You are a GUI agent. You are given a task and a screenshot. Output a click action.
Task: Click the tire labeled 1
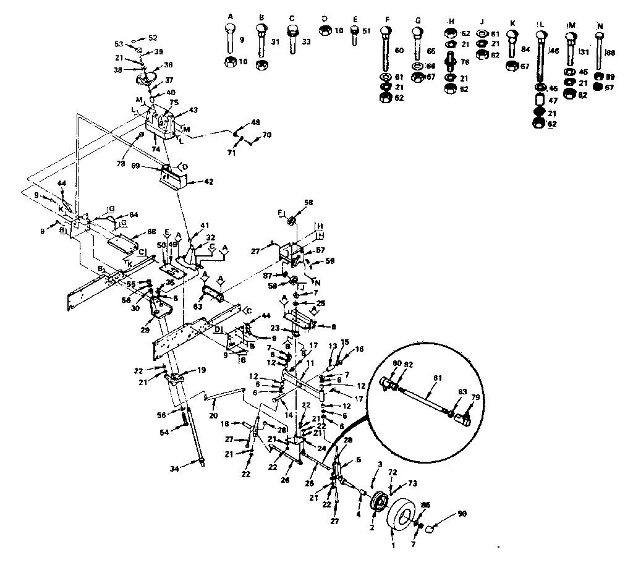[x=405, y=513]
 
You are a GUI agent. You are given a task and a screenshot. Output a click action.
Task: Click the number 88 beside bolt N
[x=611, y=53]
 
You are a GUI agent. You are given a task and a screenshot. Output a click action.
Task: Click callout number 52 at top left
[x=153, y=38]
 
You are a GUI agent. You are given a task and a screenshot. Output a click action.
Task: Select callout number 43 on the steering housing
[x=194, y=109]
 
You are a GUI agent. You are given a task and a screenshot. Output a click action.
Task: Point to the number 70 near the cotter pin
[x=267, y=134]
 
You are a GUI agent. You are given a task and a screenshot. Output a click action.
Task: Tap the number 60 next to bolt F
[x=399, y=50]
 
